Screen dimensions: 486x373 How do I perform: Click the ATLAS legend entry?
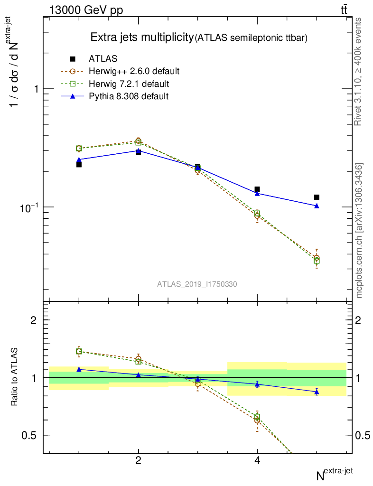[x=103, y=59]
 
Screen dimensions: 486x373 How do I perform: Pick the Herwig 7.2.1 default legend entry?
[x=129, y=84]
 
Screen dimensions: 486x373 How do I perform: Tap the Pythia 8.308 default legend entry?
[x=129, y=96]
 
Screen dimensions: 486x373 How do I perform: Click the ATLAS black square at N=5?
[x=317, y=197]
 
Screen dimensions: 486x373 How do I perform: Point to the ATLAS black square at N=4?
[x=257, y=189]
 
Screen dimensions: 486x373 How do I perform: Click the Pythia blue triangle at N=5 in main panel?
[x=317, y=206]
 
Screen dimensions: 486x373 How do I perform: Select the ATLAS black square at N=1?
[x=79, y=165]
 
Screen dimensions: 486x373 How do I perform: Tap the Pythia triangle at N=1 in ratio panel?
[x=79, y=369]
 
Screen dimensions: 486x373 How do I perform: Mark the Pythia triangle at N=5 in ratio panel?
[x=317, y=392]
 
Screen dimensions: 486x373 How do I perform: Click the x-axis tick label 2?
[x=138, y=461]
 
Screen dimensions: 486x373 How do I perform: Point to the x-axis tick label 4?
[x=257, y=461]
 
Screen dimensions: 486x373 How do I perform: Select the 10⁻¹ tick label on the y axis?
[x=29, y=207]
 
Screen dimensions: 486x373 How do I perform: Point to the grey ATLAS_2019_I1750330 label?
[x=197, y=284]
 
